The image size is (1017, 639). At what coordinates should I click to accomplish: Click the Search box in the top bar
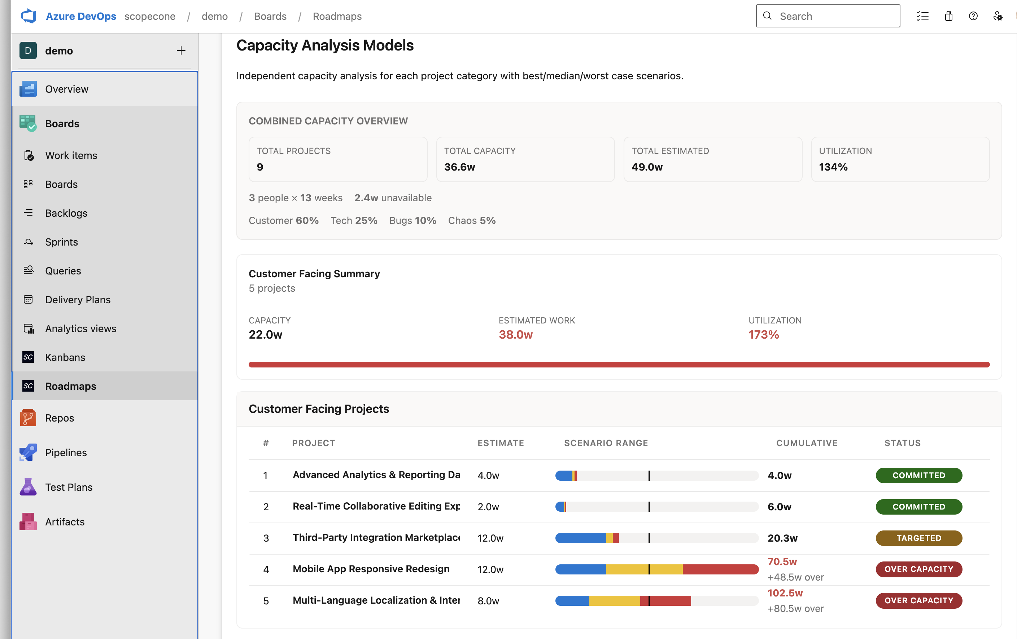click(828, 16)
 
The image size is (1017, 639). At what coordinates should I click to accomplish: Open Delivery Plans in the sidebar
click(78, 300)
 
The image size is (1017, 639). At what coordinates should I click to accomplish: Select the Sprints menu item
click(62, 242)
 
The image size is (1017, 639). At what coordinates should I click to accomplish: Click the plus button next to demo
click(181, 50)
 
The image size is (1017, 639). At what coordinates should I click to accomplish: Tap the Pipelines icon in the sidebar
click(28, 453)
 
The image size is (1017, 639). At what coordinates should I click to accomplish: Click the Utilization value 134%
click(833, 167)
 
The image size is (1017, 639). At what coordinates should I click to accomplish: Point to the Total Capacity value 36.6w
click(459, 167)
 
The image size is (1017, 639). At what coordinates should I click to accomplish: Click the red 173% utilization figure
click(764, 335)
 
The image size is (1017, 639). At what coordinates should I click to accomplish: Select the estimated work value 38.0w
click(515, 335)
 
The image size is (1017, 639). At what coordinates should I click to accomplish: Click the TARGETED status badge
click(918, 538)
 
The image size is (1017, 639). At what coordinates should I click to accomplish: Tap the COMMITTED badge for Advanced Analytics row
click(918, 475)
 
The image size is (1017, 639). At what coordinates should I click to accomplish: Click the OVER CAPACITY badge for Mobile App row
click(918, 569)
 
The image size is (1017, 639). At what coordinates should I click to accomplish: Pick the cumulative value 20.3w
click(782, 538)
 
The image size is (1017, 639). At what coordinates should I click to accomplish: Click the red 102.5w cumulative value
click(785, 593)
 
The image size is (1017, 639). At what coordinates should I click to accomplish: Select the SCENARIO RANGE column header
click(606, 443)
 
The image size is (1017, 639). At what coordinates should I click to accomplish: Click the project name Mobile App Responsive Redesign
click(371, 569)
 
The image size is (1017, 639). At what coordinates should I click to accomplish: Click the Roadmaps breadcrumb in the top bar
click(337, 16)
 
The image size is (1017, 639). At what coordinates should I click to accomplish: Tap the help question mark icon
click(973, 16)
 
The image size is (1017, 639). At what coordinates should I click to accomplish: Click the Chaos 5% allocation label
click(472, 221)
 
